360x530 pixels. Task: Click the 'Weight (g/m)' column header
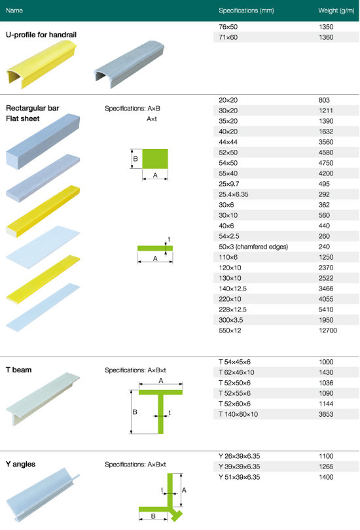(336, 10)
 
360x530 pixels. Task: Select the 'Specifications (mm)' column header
(246, 10)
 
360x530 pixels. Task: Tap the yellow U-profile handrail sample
(41, 64)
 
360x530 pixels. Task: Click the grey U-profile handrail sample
(129, 64)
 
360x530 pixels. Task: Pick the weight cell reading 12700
(328, 330)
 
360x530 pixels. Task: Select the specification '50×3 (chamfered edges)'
(253, 247)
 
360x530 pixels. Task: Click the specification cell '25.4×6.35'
(233, 194)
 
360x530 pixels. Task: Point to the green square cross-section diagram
(155, 158)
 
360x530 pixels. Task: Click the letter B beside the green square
(135, 158)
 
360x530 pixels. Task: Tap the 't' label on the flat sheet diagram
(169, 239)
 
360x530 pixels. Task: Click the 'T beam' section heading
(18, 370)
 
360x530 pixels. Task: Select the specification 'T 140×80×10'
(238, 414)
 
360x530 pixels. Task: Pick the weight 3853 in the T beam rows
(326, 414)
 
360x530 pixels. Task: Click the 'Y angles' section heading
(20, 464)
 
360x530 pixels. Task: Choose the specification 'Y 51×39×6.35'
(239, 477)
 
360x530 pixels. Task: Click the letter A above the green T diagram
(161, 381)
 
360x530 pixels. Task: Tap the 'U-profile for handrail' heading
(41, 35)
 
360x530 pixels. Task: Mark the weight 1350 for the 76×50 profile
(326, 27)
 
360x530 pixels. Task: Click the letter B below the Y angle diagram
(153, 516)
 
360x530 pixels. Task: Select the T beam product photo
(43, 399)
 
